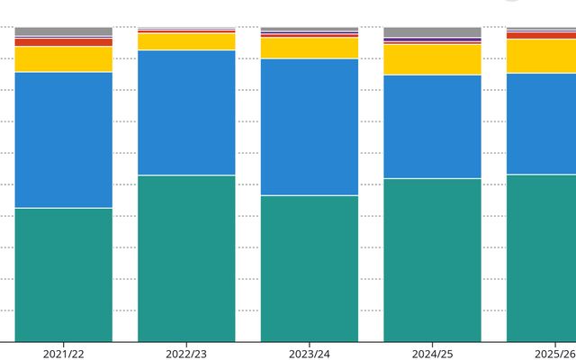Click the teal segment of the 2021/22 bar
point(64,275)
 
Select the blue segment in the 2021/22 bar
point(64,140)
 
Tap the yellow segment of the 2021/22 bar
point(64,59)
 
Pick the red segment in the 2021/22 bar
point(64,42)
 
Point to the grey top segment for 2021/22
point(64,31)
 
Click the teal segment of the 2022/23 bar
point(186,258)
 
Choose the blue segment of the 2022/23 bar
point(186,112)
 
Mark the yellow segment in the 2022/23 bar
point(186,41)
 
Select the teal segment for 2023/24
point(310,269)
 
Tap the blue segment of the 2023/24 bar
point(310,127)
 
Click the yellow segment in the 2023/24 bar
point(310,48)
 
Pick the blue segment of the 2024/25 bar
point(432,127)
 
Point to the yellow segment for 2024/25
point(432,59)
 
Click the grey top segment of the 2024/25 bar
point(432,32)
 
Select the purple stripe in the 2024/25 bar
point(432,40)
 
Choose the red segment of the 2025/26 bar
point(542,36)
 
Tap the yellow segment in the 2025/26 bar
point(542,56)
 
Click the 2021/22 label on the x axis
point(64,354)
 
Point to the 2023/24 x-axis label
point(310,354)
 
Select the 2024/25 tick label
point(432,354)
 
